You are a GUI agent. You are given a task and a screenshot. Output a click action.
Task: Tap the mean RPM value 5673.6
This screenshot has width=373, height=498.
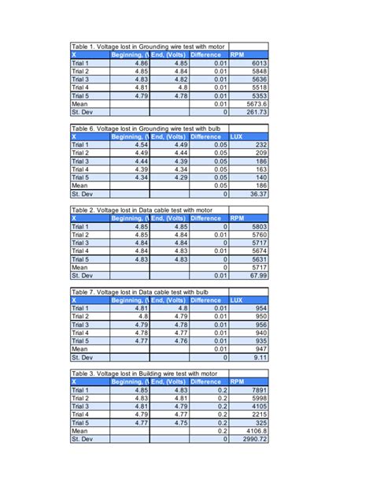click(x=257, y=104)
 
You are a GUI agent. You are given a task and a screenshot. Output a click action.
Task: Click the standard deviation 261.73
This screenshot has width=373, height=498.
click(x=257, y=112)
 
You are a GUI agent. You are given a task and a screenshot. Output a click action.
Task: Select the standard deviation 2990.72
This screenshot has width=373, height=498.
click(x=257, y=439)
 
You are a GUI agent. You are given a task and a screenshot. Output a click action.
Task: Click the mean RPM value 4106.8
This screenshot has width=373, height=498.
click(x=257, y=431)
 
